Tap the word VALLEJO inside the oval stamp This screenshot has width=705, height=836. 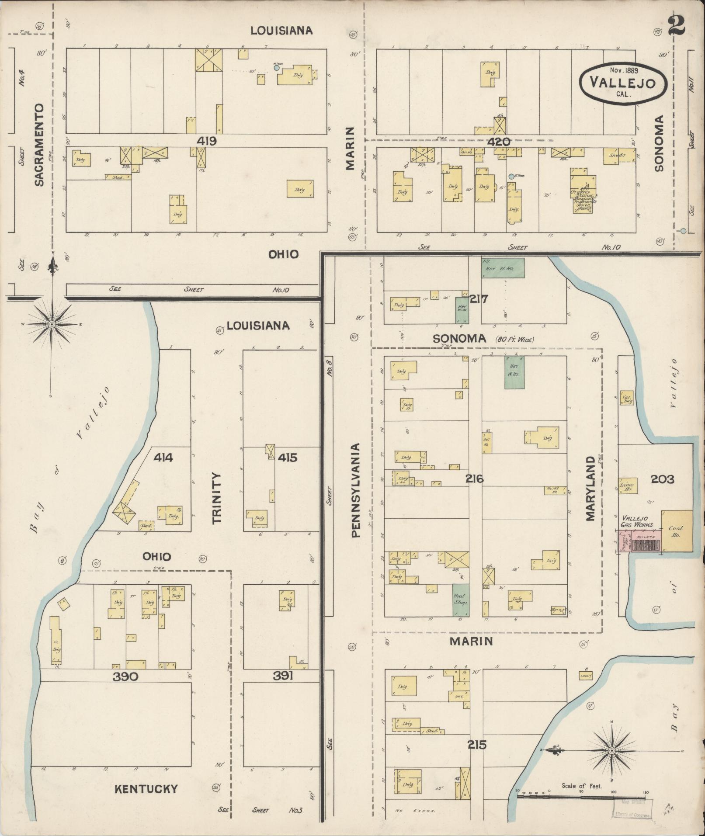pos(623,82)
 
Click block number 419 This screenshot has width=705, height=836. pos(207,141)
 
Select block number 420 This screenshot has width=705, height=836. pos(498,142)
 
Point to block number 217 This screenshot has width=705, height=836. pos(479,299)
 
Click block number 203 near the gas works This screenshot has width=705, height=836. pos(662,479)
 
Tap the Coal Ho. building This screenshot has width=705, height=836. pos(677,531)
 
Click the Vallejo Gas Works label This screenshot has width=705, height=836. pos(637,521)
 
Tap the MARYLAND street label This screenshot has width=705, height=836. pos(590,489)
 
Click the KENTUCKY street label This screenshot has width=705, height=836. pos(146,789)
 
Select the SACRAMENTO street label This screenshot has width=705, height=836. pos(39,145)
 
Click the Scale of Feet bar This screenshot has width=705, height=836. pos(581,797)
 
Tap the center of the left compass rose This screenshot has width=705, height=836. pos(52,324)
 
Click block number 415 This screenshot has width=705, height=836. pos(287,458)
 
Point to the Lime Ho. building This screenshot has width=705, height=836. pos(627,486)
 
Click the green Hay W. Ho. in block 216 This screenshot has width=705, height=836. pos(514,372)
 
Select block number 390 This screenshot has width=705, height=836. pos(125,677)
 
